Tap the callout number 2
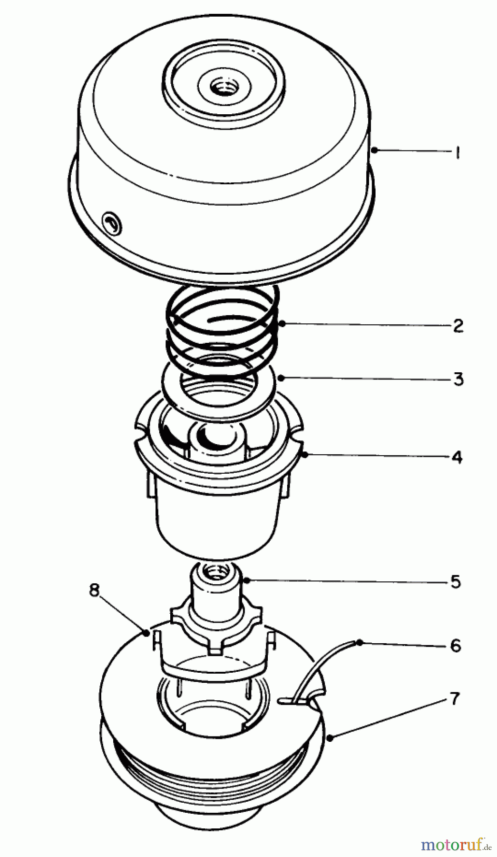click(457, 326)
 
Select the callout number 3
click(458, 379)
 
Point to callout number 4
click(457, 457)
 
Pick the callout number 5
click(456, 581)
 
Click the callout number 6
click(456, 645)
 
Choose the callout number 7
click(455, 698)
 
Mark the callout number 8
click(95, 590)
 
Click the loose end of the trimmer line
click(358, 643)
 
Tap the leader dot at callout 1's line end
click(374, 150)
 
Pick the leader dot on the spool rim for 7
click(330, 738)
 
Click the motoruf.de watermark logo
click(456, 844)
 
